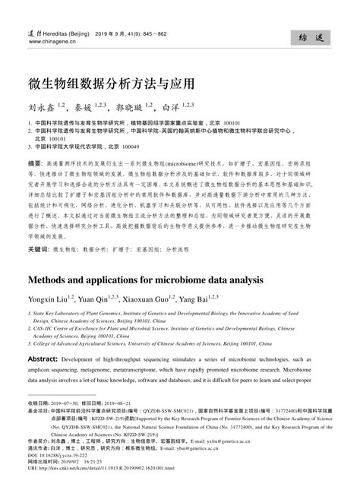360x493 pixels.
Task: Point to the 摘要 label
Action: point(35,164)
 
